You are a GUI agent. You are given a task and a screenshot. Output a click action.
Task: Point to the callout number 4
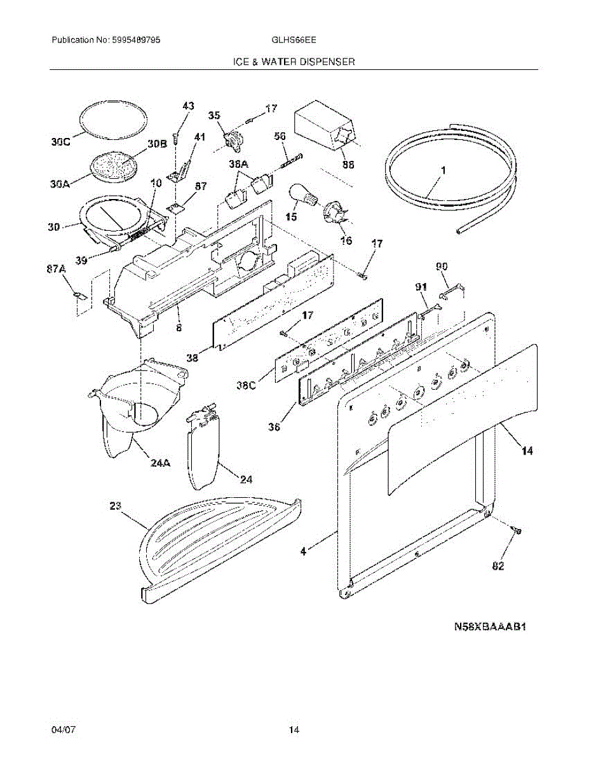(x=303, y=552)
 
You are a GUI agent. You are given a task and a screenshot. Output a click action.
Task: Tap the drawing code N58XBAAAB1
(x=491, y=626)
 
